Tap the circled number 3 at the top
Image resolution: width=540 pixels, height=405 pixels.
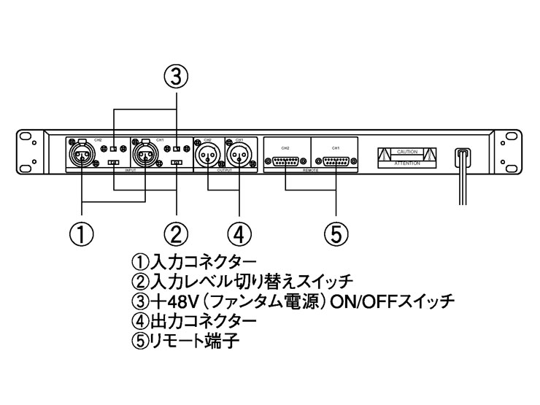[176, 77]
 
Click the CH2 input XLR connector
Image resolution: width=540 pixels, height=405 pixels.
[82, 155]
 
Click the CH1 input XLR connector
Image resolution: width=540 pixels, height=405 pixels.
[145, 155]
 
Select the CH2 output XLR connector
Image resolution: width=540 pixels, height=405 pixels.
[208, 155]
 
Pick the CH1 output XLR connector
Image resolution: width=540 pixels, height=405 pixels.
[239, 155]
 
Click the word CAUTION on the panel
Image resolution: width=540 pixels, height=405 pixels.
[407, 151]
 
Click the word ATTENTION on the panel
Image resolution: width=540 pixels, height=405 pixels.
[407, 163]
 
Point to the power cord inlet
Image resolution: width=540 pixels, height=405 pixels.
[461, 156]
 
